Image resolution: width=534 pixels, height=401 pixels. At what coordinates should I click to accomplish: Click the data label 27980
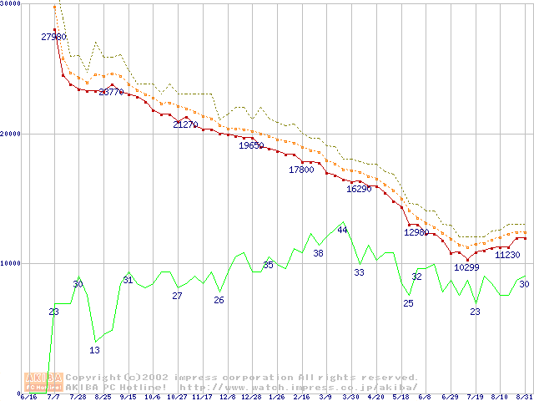coord(53,37)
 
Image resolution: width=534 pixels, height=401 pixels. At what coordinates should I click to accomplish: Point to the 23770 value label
coord(112,93)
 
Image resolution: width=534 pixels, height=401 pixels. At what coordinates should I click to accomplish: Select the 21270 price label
coord(185,125)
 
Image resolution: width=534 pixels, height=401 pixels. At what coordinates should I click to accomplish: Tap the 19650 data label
coord(251,146)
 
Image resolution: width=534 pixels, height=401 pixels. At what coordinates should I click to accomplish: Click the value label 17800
coord(301,170)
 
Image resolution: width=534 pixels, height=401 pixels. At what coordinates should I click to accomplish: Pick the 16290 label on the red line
coord(359,190)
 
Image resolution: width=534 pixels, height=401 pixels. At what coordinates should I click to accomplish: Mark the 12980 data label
coord(416,233)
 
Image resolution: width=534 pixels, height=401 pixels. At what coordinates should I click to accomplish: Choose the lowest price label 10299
coord(467,268)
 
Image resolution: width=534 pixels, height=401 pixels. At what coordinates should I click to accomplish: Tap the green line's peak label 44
coord(342,230)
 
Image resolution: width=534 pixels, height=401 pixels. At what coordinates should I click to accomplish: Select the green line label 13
coord(94,350)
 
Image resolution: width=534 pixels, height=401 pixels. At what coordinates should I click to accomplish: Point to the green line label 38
coord(318,253)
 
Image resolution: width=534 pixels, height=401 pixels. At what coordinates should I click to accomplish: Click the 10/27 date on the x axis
coord(177,398)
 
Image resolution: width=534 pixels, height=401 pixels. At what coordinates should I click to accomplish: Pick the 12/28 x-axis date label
coord(251,398)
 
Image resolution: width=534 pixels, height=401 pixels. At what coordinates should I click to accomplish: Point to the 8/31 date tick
coord(524,398)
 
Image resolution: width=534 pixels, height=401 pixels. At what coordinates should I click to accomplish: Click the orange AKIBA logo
coord(43,382)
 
